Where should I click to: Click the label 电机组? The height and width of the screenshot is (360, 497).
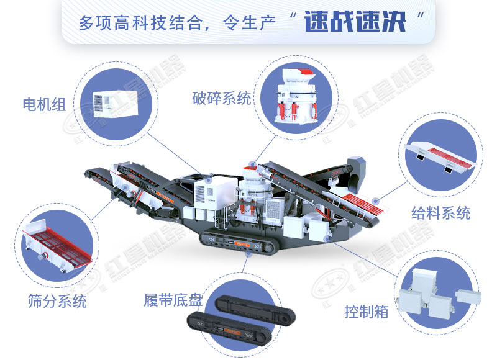pos(43,103)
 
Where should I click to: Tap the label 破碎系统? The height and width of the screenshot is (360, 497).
pos(222,98)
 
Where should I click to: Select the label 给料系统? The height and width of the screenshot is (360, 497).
pos(440,213)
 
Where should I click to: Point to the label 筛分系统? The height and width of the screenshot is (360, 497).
pos(57,302)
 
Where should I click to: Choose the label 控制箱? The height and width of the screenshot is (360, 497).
pos(367,311)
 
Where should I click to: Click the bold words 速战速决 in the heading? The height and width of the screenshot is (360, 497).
pos(355,23)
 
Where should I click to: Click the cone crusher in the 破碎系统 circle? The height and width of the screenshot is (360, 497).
pos(291,99)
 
